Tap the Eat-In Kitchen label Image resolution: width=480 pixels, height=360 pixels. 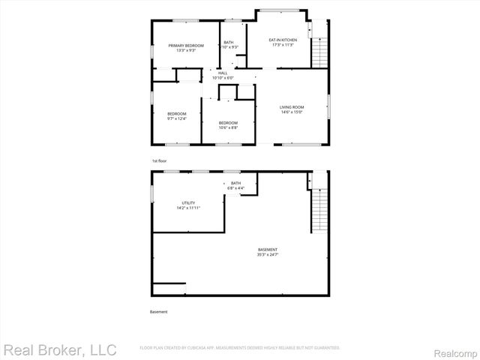tap(283, 40)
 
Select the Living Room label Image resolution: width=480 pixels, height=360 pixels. tap(292, 108)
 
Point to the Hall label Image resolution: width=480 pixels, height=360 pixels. tap(223, 73)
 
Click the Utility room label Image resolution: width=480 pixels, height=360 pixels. tap(188, 203)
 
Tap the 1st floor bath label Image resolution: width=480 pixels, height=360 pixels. tap(229, 42)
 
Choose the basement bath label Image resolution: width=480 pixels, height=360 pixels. tap(235, 184)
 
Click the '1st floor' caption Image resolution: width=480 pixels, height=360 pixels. tap(158, 161)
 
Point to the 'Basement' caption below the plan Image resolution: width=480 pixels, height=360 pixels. tap(159, 311)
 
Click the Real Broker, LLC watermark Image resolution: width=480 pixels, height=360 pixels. tap(60, 349)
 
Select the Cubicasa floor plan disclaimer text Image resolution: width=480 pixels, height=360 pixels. tap(240, 348)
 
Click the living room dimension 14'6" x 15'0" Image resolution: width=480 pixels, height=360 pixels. tap(292, 112)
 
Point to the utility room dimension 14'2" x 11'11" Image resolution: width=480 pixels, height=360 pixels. tap(188, 208)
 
